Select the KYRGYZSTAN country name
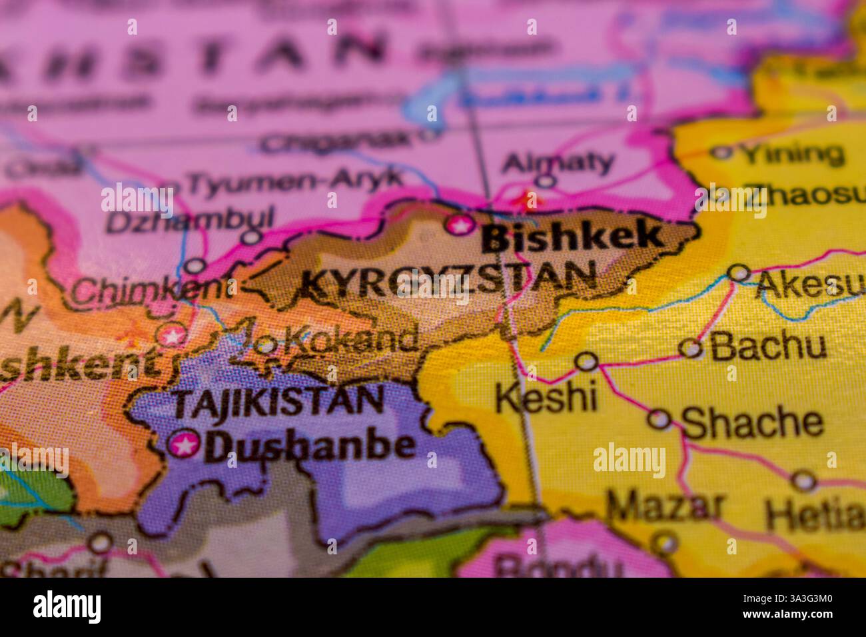click(448, 281)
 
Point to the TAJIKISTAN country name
click(278, 401)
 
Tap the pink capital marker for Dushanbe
click(184, 444)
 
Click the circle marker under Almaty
click(546, 180)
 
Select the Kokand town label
click(350, 340)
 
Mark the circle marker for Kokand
click(266, 345)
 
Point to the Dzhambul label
click(190, 220)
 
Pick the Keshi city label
click(546, 398)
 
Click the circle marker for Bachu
click(691, 348)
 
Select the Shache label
click(752, 422)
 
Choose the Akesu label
click(810, 285)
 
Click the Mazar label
click(664, 506)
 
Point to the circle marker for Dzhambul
click(252, 237)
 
